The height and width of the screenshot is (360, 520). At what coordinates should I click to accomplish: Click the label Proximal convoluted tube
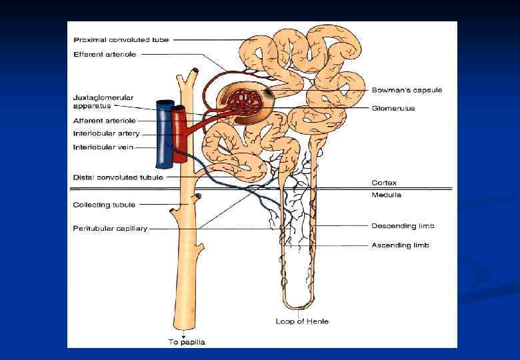[121, 40]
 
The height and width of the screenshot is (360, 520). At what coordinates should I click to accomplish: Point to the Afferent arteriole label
[104, 121]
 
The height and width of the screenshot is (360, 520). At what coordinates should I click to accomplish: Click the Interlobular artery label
[106, 133]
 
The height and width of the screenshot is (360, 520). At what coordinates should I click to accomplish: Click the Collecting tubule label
[103, 205]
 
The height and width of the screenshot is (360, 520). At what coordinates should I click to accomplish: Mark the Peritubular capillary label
[110, 229]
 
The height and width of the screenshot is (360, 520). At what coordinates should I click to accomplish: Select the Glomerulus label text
[393, 108]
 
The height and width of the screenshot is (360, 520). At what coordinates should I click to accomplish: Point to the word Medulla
[387, 195]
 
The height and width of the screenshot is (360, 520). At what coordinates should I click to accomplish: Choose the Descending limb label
[403, 226]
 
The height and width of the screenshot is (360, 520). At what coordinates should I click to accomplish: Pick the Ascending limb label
[400, 245]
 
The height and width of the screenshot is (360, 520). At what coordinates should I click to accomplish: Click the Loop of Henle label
[302, 321]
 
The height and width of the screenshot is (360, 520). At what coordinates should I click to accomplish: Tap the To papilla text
[186, 342]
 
